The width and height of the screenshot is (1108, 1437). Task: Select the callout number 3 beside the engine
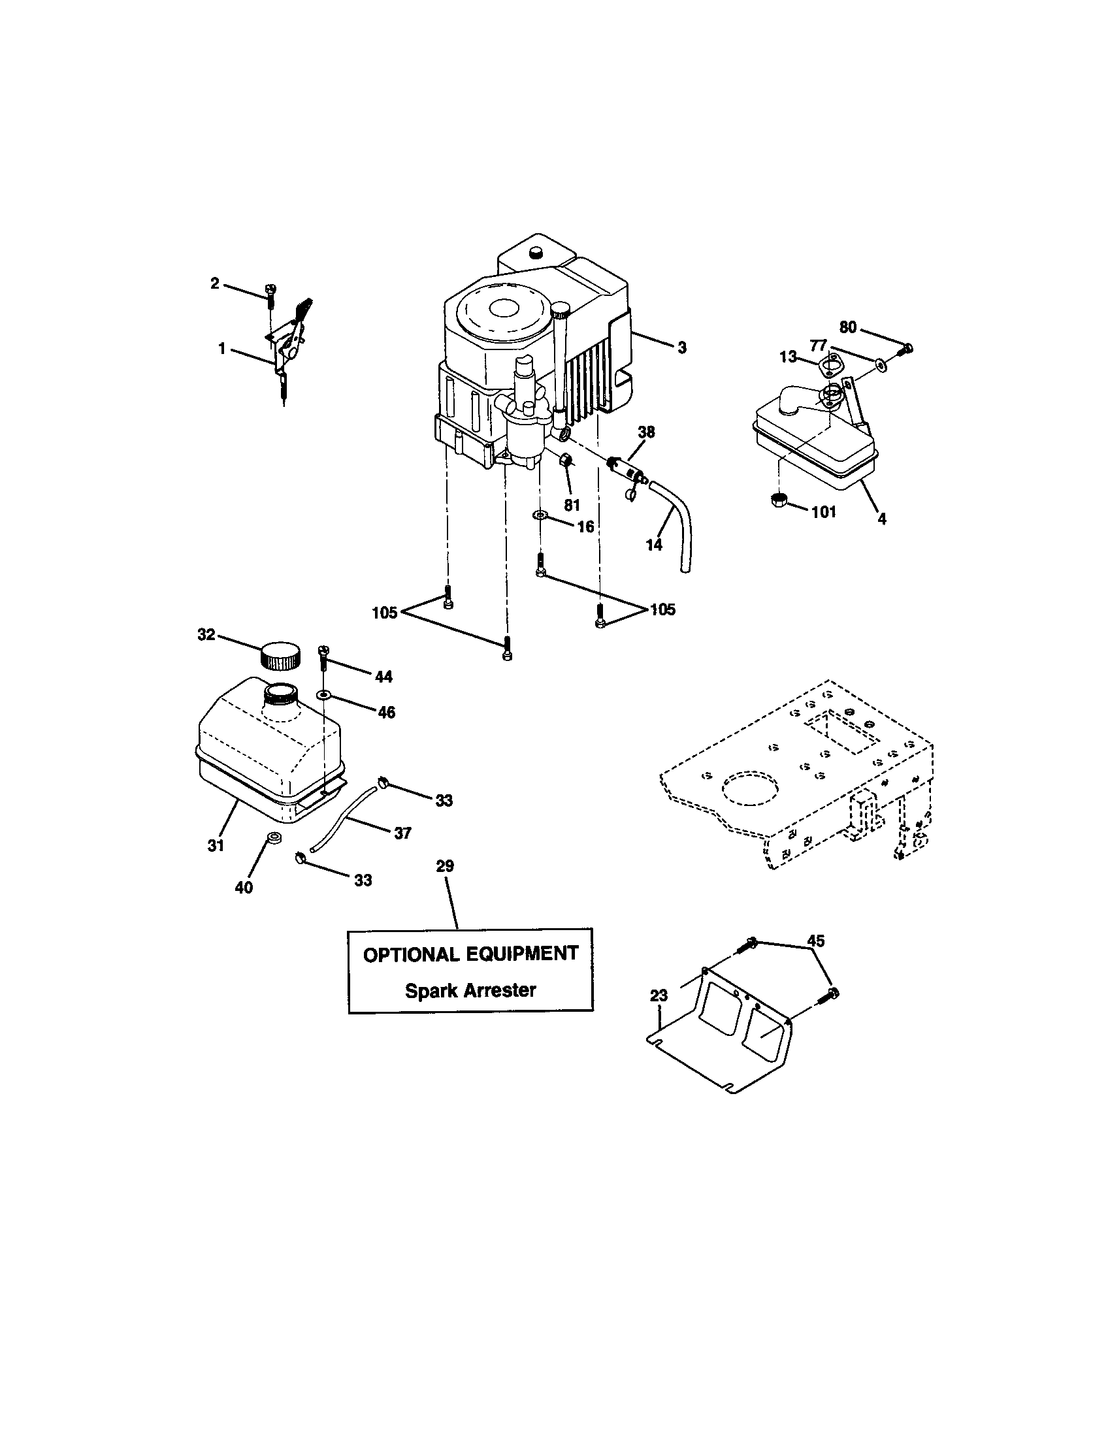tap(681, 348)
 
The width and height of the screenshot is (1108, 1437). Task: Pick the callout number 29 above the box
tap(445, 867)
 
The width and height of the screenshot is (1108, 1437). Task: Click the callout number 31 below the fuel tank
tap(216, 846)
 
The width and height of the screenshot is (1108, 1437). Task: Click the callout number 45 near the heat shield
tap(815, 941)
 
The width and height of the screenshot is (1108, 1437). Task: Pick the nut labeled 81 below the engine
tap(566, 460)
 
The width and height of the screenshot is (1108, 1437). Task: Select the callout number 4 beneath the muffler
tap(882, 519)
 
